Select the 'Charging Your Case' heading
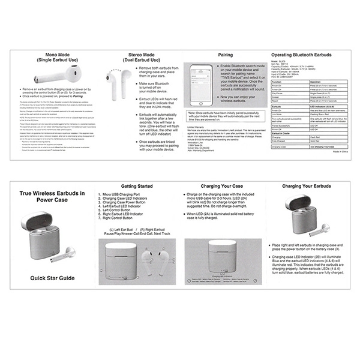(222, 187)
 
